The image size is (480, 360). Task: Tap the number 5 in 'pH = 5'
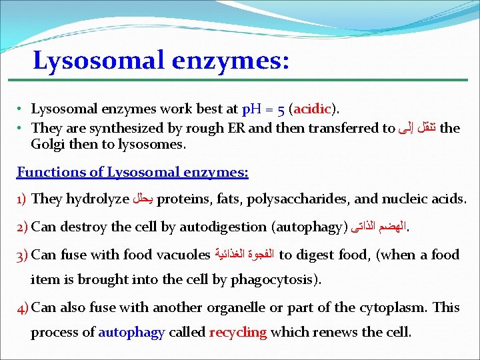coord(283,109)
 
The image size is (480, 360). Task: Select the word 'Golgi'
coord(47,144)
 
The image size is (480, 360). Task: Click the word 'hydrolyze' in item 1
coord(99,199)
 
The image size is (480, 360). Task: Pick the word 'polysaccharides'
coord(296,199)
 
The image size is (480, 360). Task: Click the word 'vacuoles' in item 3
coord(183,255)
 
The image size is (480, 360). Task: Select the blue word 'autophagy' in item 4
coord(131,332)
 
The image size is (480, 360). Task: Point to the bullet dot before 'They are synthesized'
coord(21,128)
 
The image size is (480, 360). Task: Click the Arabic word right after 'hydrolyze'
coord(144,199)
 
